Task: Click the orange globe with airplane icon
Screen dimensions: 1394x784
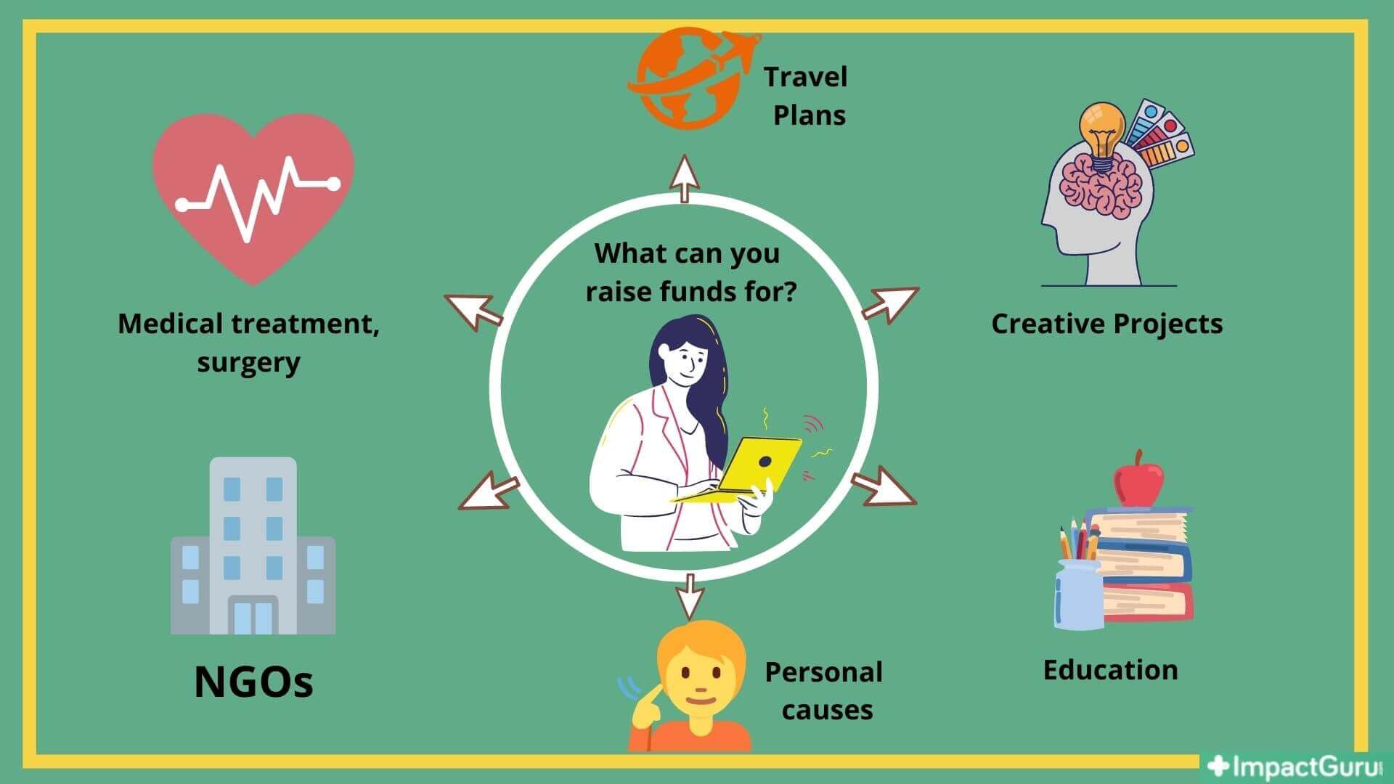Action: (686, 78)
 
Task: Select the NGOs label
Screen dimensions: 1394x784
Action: (253, 682)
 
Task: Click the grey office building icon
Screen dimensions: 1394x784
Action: (253, 546)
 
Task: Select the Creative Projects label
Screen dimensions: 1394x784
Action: (1106, 324)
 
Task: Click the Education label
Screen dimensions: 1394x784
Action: (1110, 670)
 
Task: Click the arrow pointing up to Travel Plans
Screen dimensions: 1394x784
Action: (684, 178)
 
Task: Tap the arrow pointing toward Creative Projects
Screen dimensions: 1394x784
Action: (889, 303)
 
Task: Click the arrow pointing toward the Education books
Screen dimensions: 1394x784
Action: (884, 486)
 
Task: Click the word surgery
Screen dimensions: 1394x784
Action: (248, 362)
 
